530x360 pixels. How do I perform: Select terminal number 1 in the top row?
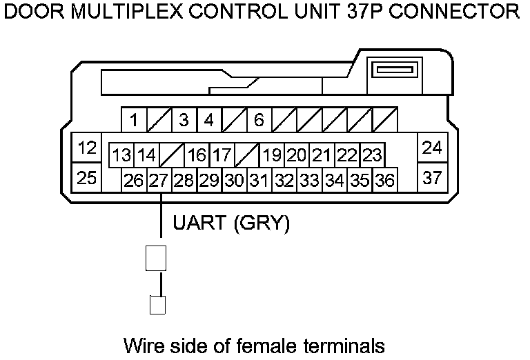coord(134,120)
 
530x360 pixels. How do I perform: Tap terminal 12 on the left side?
coord(86,148)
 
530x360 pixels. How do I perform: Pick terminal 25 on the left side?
coord(86,177)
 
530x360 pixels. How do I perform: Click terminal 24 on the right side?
coord(432,148)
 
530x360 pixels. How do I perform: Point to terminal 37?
coord(432,177)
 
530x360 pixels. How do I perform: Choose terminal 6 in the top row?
coord(259,120)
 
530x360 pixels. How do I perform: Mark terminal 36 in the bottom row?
coord(384,181)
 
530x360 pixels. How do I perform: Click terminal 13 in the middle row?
coord(122,154)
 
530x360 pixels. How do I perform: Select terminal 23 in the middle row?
coord(372,154)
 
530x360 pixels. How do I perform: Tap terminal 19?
coord(273,154)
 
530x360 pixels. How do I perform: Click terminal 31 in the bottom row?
coord(259,181)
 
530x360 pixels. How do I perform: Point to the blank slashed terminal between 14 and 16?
coord(172,154)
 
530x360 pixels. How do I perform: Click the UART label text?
coord(199,223)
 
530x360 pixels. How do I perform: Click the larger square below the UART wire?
coord(156,258)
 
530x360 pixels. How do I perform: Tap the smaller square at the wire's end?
coord(157,305)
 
